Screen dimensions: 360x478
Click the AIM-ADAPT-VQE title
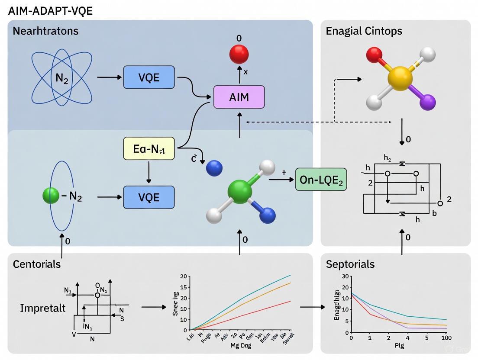[50, 11]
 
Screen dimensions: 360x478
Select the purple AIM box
[239, 96]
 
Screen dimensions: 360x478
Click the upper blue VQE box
[149, 77]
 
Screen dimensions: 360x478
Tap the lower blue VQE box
[149, 197]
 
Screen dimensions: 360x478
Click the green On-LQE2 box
[321, 180]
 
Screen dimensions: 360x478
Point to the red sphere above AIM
[239, 54]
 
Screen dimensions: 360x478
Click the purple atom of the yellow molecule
[427, 103]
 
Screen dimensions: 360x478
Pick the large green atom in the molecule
[239, 190]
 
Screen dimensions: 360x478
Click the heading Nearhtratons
[45, 31]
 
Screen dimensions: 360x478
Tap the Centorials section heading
[37, 264]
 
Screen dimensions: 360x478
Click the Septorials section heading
[350, 264]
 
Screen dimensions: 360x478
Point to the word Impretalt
[43, 308]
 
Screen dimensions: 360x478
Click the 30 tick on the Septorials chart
[345, 276]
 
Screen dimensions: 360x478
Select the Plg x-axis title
[399, 346]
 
